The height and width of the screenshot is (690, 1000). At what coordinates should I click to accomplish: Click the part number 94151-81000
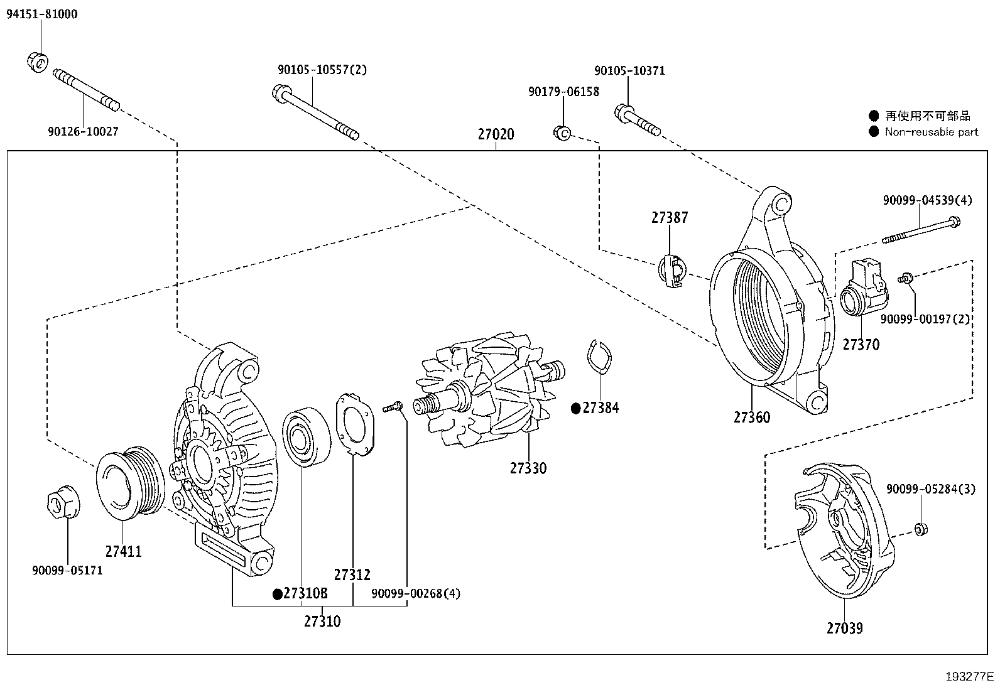[42, 14]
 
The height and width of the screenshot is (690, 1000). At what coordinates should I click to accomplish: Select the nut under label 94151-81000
[38, 61]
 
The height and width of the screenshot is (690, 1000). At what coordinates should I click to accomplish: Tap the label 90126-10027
[83, 132]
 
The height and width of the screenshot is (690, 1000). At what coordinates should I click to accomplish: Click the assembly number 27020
[496, 134]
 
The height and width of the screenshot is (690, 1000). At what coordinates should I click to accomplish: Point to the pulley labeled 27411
[129, 483]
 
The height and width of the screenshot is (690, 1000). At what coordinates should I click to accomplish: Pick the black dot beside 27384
[575, 409]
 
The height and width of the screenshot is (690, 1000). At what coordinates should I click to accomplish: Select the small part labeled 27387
[670, 270]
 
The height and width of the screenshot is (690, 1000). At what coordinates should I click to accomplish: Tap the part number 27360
[752, 418]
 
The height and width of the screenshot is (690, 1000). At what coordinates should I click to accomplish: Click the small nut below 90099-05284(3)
[921, 529]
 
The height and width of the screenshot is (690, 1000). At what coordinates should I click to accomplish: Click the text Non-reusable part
[932, 132]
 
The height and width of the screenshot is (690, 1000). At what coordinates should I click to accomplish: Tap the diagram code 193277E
[969, 677]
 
